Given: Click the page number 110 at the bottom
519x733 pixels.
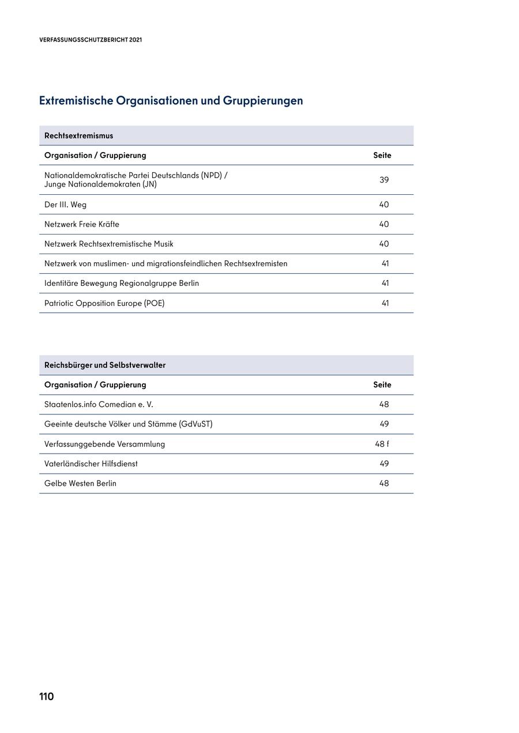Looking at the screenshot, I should pyautogui.click(x=47, y=696).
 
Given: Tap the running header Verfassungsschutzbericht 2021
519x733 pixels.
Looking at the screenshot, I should pyautogui.click(x=91, y=40).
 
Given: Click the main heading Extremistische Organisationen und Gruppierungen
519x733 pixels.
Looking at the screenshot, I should pyautogui.click(x=171, y=100).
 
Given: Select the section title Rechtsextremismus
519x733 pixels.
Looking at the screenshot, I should pyautogui.click(x=78, y=135).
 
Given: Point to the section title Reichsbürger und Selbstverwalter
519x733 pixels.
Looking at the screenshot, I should pyautogui.click(x=105, y=365).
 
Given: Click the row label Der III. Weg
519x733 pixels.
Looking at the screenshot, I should pyautogui.click(x=65, y=205).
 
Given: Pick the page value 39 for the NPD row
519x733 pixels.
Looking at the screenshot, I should pyautogui.click(x=384, y=180).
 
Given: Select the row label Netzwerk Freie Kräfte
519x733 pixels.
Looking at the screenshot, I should pyautogui.click(x=82, y=224).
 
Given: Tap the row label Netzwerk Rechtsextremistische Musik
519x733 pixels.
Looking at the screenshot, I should pyautogui.click(x=108, y=244).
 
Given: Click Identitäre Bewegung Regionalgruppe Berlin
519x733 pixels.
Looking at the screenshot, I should pyautogui.click(x=122, y=283).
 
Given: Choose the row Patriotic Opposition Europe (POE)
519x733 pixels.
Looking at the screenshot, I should pyautogui.click(x=104, y=303).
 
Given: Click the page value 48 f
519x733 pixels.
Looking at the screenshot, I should pyautogui.click(x=382, y=444).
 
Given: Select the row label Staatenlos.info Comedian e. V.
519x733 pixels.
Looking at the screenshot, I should pyautogui.click(x=99, y=405).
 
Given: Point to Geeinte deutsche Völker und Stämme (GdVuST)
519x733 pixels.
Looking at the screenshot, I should pyautogui.click(x=128, y=424).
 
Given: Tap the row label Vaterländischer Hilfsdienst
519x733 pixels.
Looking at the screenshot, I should pyautogui.click(x=91, y=463).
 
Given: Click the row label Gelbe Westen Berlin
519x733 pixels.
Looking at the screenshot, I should pyautogui.click(x=80, y=483).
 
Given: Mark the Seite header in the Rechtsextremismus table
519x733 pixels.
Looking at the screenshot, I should pyautogui.click(x=382, y=155).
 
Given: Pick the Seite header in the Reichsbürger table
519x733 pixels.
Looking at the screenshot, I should pyautogui.click(x=382, y=384).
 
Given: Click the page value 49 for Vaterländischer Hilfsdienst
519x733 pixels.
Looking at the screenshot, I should pyautogui.click(x=384, y=463).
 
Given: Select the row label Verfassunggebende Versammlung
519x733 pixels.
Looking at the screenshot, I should pyautogui.click(x=104, y=444).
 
